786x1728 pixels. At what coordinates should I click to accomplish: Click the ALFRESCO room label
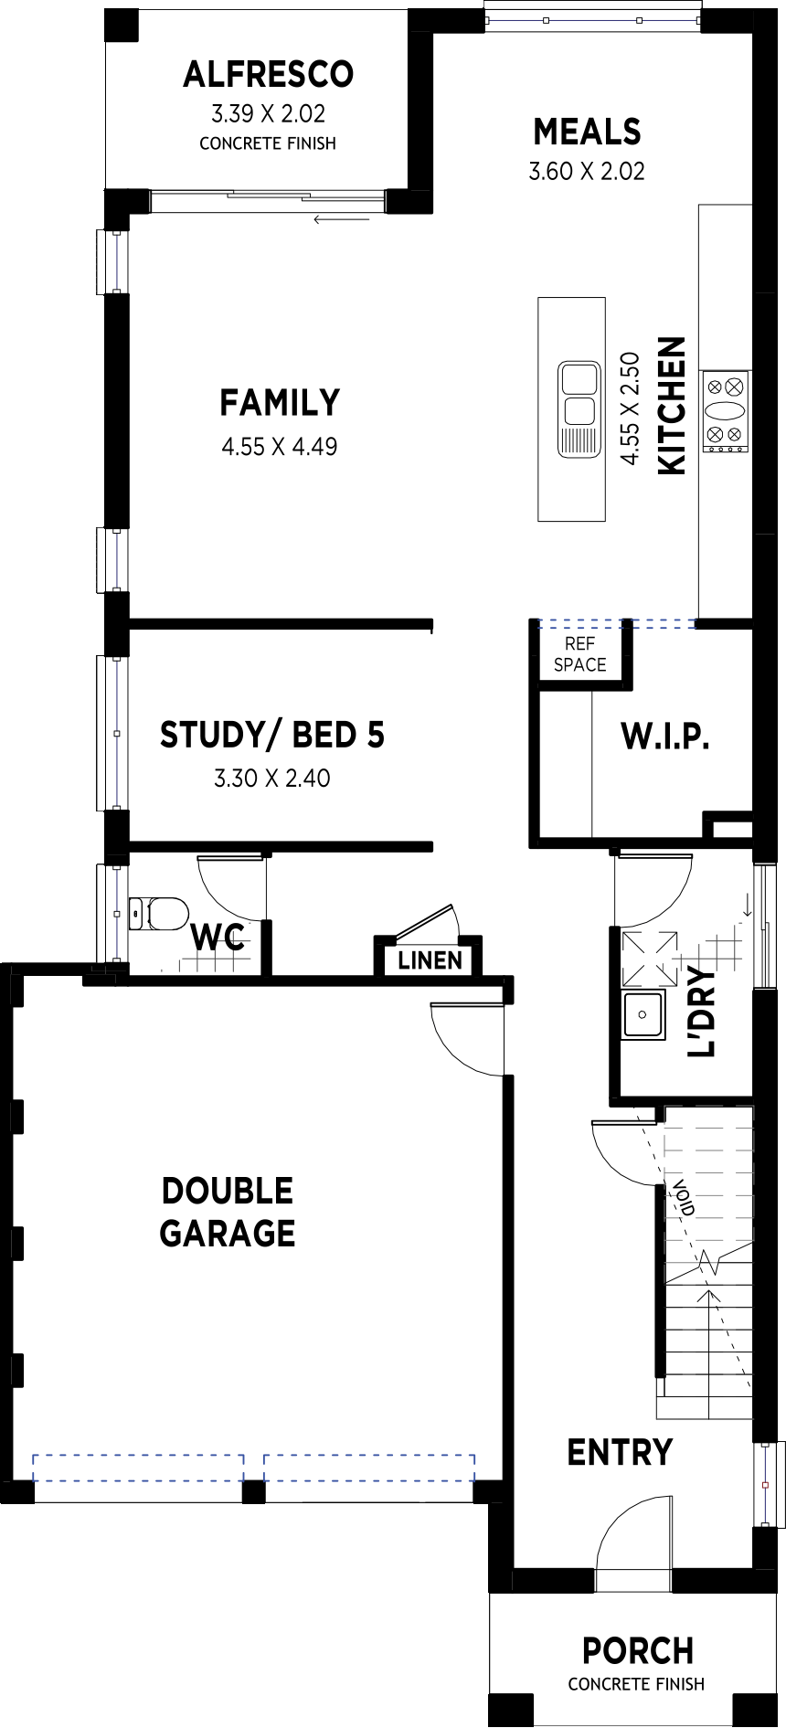pyautogui.click(x=268, y=74)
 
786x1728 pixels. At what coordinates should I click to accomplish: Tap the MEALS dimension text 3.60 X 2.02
pyautogui.click(x=587, y=171)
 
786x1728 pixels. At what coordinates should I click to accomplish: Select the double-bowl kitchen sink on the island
pyautogui.click(x=579, y=408)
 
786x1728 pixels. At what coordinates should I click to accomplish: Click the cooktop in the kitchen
pyautogui.click(x=726, y=411)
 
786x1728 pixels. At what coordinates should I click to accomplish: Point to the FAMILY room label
pyautogui.click(x=280, y=402)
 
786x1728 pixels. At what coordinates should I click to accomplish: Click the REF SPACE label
pyautogui.click(x=580, y=654)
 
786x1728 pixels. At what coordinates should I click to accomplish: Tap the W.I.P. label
pyautogui.click(x=665, y=736)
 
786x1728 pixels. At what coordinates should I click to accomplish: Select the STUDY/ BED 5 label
pyautogui.click(x=272, y=735)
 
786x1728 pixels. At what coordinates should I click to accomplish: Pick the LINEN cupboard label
pyautogui.click(x=430, y=960)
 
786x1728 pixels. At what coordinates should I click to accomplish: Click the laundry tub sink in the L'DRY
pyautogui.click(x=643, y=1014)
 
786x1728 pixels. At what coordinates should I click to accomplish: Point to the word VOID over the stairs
pyautogui.click(x=684, y=1198)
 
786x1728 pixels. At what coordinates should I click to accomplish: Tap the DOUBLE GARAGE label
pyautogui.click(x=228, y=1212)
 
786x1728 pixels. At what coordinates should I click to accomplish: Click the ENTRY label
pyautogui.click(x=620, y=1452)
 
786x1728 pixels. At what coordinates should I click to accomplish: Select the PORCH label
pyautogui.click(x=638, y=1651)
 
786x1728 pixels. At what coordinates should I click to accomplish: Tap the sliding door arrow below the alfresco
pyautogui.click(x=341, y=219)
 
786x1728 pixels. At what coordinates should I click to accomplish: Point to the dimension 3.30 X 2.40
pyautogui.click(x=272, y=779)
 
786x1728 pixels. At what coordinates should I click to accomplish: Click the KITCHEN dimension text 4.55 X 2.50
pyautogui.click(x=630, y=408)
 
